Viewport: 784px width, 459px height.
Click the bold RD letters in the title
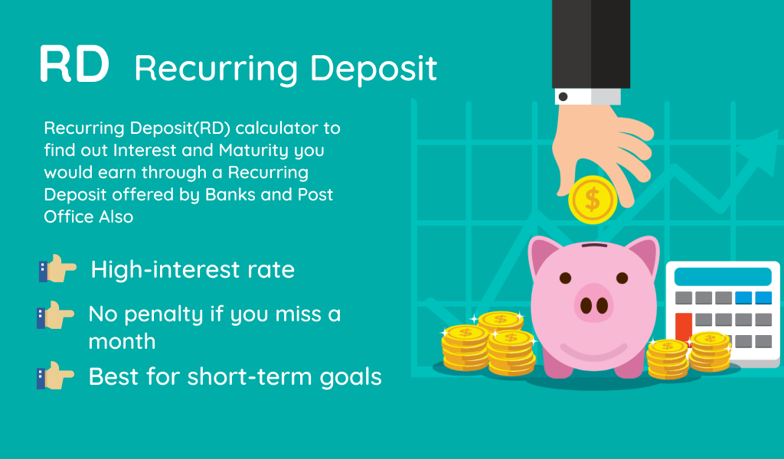[x=74, y=64]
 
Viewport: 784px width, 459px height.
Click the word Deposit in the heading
[x=374, y=68]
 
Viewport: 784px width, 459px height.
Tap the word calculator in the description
[x=276, y=128]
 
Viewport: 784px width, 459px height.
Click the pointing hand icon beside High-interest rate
[x=57, y=269]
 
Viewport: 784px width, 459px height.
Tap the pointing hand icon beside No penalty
[x=55, y=315]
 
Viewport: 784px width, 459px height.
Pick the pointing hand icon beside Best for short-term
[x=55, y=376]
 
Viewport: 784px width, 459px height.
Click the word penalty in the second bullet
[x=165, y=315]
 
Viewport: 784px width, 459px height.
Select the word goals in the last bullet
[x=351, y=377]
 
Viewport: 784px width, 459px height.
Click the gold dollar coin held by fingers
[x=593, y=200]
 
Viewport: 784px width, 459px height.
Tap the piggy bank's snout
[x=594, y=303]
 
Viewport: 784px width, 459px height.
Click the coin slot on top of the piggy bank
[x=594, y=246]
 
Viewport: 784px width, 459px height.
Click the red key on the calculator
[x=684, y=328]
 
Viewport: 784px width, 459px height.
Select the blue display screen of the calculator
[x=723, y=277]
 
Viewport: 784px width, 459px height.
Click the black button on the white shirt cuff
[x=563, y=96]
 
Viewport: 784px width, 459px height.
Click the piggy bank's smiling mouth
[x=594, y=351]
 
